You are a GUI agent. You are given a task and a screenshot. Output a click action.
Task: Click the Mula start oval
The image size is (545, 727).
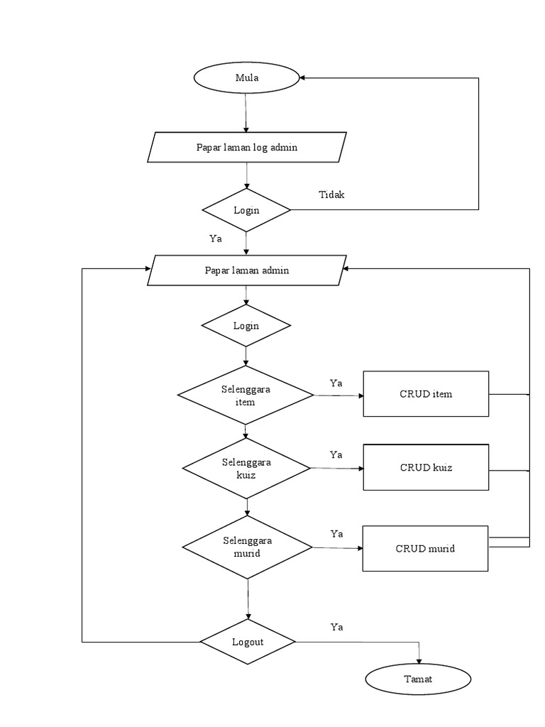point(246,78)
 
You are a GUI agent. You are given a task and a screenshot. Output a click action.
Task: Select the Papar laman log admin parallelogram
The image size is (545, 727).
point(246,148)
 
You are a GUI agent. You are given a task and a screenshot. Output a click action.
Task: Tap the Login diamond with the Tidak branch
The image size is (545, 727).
point(246,210)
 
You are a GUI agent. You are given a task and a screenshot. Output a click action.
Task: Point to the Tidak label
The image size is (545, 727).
point(331,195)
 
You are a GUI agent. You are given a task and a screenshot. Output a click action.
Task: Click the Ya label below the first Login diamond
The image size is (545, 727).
point(216,239)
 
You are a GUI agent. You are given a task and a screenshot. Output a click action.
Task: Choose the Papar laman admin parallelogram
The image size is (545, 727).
point(246,270)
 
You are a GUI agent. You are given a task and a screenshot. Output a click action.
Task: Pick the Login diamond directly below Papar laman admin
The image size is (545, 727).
point(246,326)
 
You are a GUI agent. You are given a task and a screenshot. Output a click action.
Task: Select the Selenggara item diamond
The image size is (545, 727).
point(245,395)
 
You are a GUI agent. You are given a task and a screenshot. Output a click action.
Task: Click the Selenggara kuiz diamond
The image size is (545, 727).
point(246,468)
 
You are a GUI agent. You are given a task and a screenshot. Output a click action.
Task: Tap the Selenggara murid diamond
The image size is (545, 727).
point(247,547)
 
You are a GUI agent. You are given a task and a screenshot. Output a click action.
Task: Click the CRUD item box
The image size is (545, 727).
point(426,394)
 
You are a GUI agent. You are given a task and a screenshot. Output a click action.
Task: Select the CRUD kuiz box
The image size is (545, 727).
point(426,467)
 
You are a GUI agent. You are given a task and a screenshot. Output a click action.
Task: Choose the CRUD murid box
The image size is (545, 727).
point(425,548)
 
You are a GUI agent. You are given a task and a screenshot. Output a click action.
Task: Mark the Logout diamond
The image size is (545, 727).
point(248,642)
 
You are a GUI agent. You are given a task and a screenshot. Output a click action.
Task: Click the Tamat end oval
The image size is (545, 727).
point(418,679)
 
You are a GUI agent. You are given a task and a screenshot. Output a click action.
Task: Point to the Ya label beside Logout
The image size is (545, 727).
point(337,627)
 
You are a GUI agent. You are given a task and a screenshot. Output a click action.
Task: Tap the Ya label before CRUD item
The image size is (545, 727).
point(336,383)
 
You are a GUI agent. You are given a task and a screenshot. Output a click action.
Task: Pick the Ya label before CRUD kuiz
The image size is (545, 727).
point(336,454)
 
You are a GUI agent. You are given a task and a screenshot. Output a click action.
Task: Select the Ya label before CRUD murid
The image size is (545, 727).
point(337,533)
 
